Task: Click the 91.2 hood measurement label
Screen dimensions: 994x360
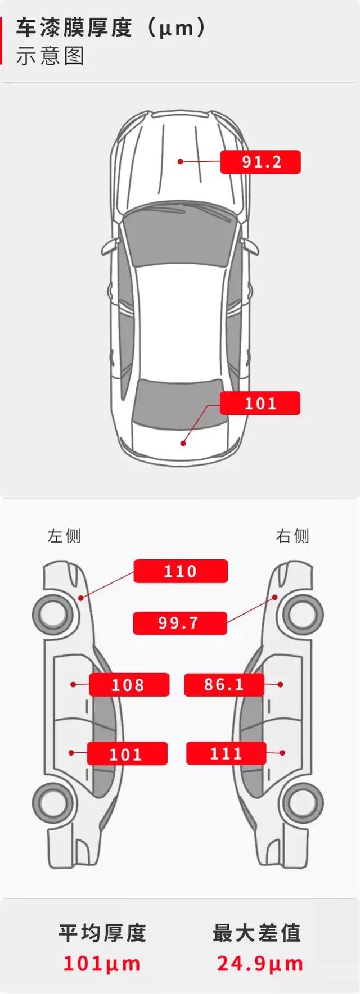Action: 260,162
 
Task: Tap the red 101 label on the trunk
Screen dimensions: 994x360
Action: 260,403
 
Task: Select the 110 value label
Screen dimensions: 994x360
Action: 181,571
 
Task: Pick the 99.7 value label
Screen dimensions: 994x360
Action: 179,623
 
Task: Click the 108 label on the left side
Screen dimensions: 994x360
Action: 129,685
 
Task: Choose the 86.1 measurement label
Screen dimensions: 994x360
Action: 224,684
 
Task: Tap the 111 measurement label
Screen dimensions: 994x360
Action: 226,753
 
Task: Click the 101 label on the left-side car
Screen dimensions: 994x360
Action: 127,754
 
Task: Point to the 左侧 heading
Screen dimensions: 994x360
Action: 64,536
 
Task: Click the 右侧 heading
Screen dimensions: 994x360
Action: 292,536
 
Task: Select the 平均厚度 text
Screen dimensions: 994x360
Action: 102,933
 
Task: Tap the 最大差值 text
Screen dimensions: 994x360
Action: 257,933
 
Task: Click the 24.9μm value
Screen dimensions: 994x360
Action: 260,964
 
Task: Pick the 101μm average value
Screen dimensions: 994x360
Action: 102,964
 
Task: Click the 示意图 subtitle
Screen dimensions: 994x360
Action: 50,57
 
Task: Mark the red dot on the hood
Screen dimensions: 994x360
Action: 181,161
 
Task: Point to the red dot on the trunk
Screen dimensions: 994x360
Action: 183,443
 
